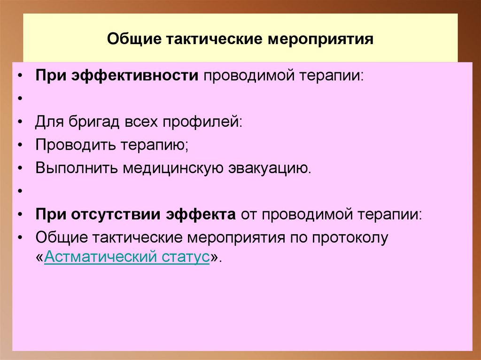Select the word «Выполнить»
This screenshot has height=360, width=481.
pyautogui.click(x=77, y=168)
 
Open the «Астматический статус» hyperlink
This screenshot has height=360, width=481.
pyautogui.click(x=127, y=258)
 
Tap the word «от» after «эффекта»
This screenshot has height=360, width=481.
pyautogui.click(x=248, y=214)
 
